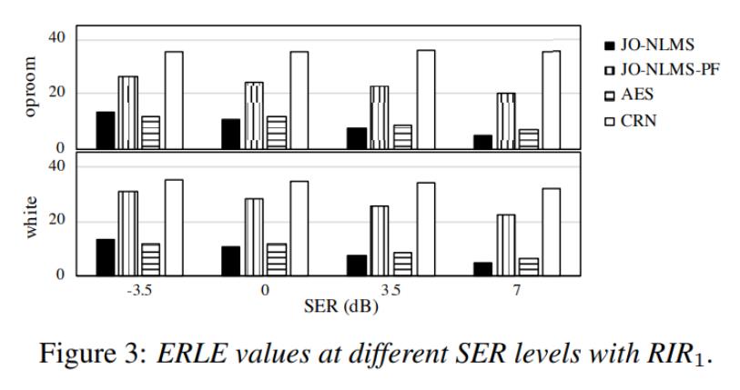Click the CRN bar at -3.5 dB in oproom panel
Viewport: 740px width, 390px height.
pyautogui.click(x=174, y=99)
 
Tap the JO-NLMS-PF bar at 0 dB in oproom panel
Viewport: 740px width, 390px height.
pyautogui.click(x=254, y=115)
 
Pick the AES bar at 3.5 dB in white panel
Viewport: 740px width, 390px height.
pyautogui.click(x=402, y=264)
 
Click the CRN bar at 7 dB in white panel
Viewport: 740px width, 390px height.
pyautogui.click(x=551, y=231)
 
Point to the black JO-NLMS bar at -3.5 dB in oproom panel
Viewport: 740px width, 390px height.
pyautogui.click(x=106, y=130)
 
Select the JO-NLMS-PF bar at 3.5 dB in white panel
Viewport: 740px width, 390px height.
pyautogui.click(x=379, y=240)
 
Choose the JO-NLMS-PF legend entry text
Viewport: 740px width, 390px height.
pyautogui.click(x=669, y=69)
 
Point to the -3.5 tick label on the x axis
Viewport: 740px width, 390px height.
pyautogui.click(x=139, y=290)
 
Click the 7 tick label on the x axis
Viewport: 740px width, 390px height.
pyautogui.click(x=516, y=290)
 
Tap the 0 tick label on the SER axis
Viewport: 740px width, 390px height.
pyautogui.click(x=265, y=290)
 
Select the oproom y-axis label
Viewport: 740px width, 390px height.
pyautogui.click(x=32, y=87)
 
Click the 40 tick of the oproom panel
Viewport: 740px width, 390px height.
pyautogui.click(x=58, y=37)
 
